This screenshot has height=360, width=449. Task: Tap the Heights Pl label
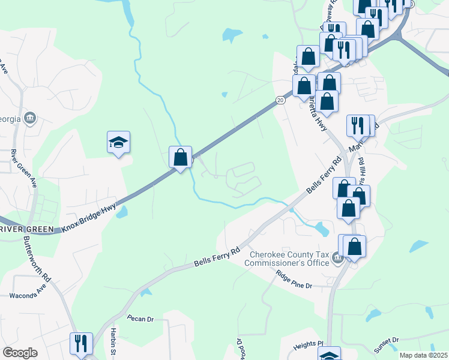(309, 347)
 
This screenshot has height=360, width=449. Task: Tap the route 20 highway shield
(280, 100)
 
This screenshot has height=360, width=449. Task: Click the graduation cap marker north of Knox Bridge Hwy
(119, 142)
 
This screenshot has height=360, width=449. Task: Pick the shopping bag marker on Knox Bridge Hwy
(180, 158)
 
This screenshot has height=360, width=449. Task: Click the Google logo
(20, 353)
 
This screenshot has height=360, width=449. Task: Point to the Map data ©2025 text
(423, 355)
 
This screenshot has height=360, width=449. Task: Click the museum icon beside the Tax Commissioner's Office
(337, 259)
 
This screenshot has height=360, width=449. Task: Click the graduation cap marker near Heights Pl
(329, 355)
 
